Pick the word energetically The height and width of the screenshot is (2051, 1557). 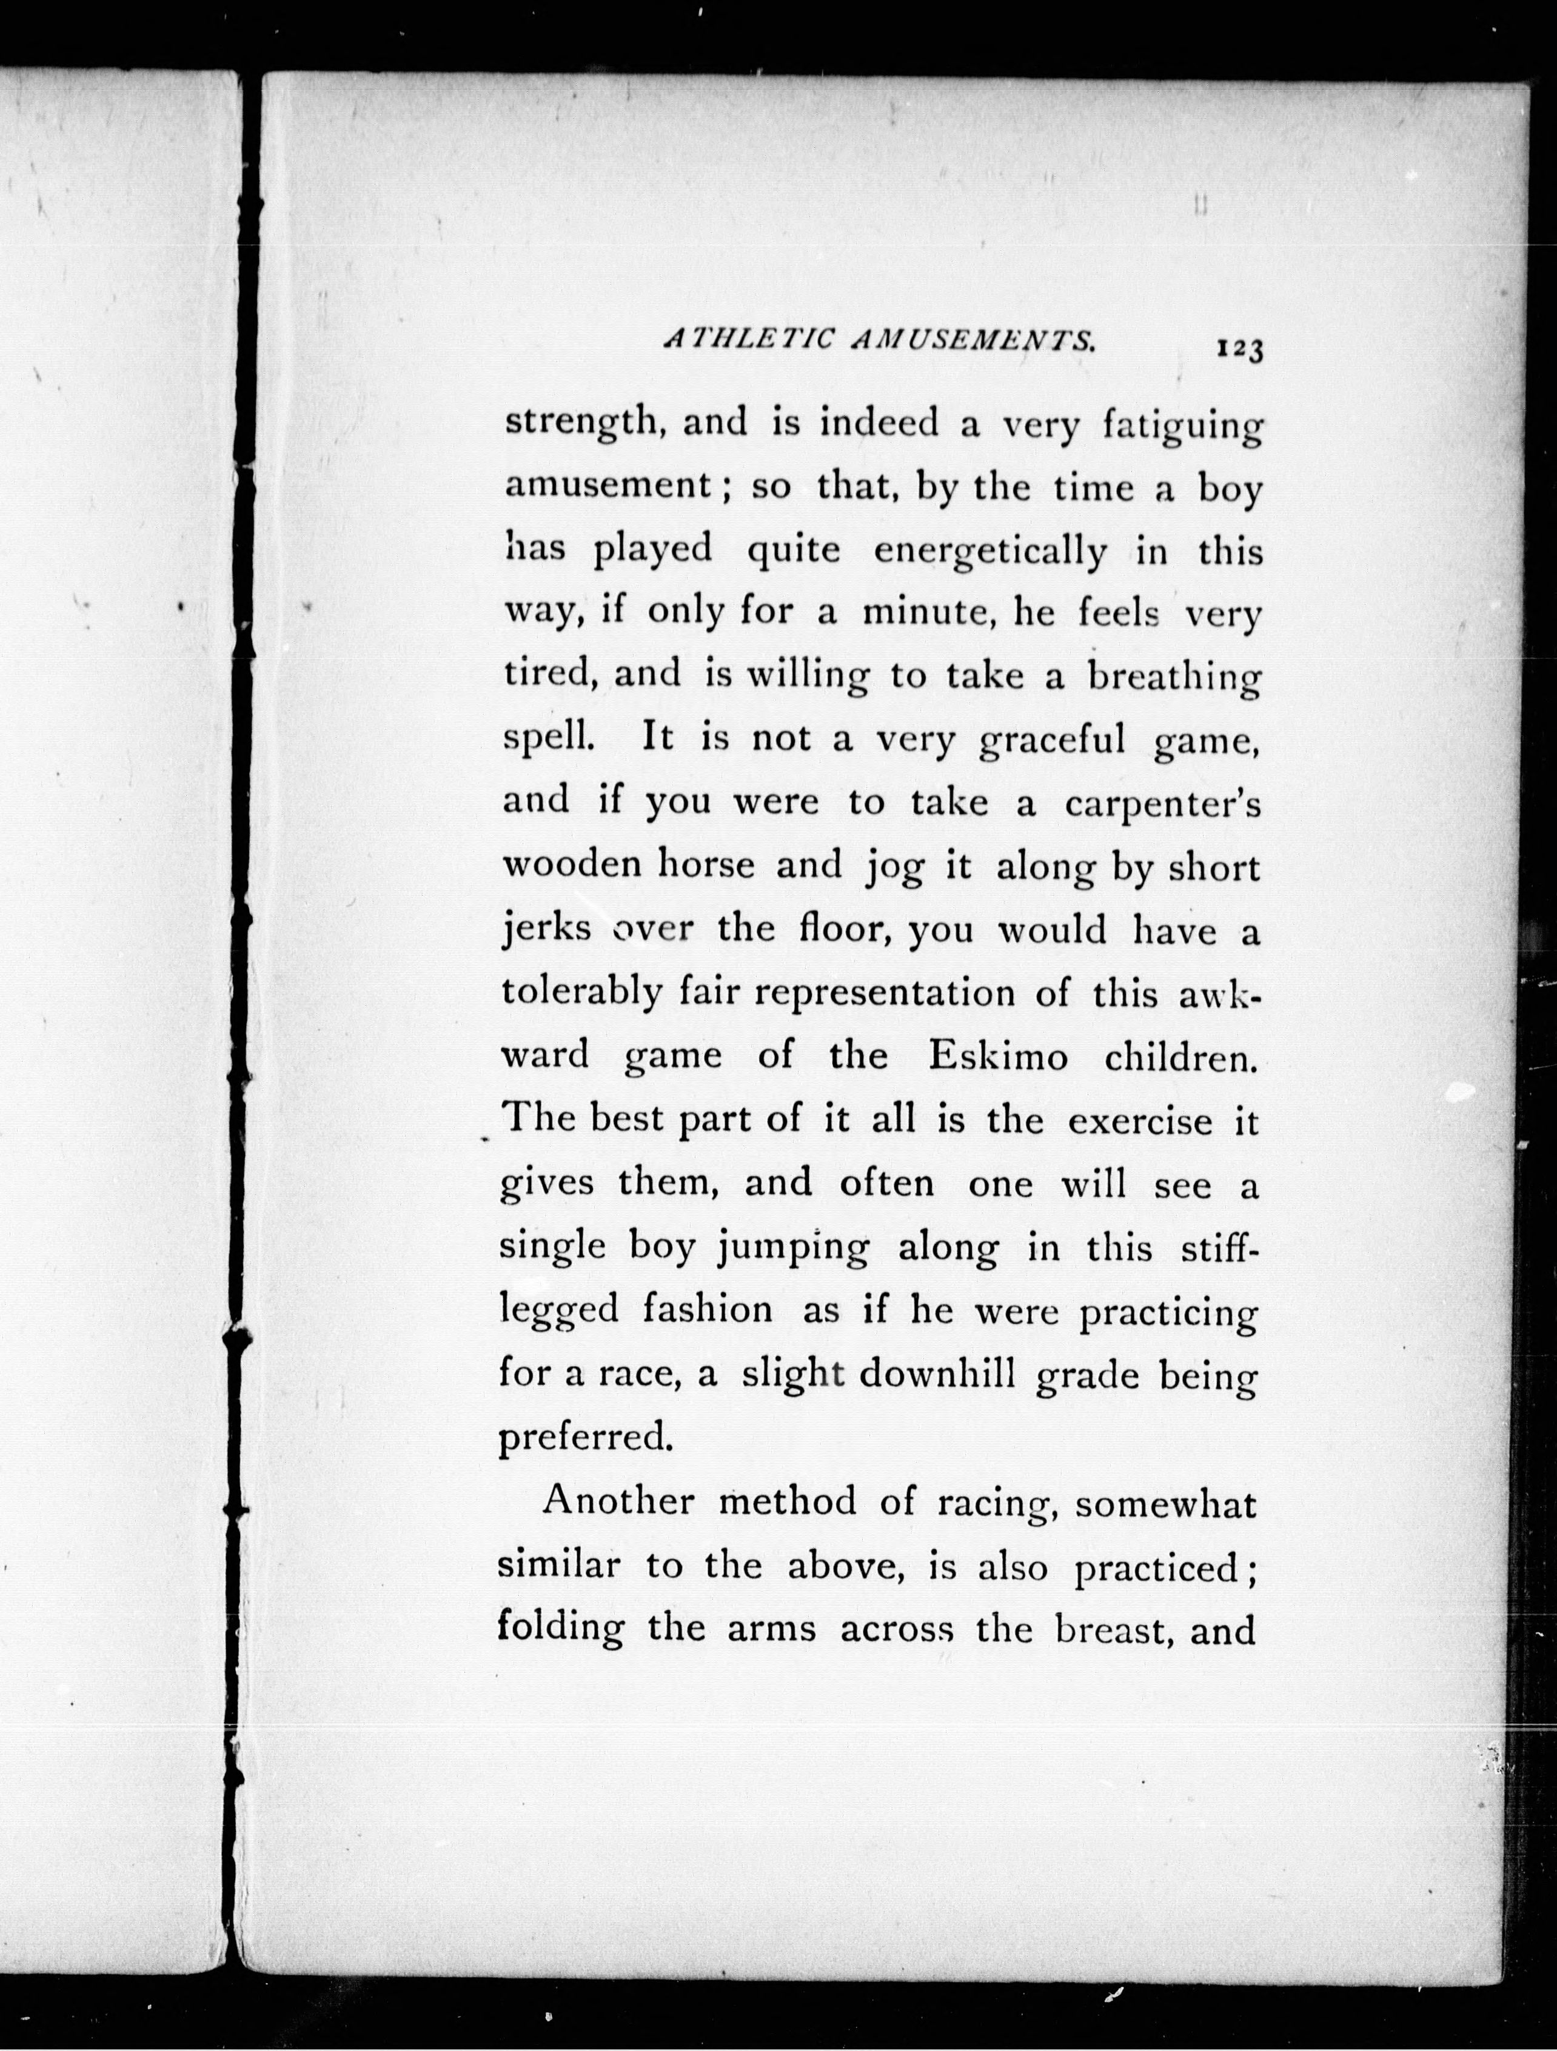tap(990, 553)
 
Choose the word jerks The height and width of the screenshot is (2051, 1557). tap(546, 930)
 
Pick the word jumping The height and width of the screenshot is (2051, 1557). tap(794, 1249)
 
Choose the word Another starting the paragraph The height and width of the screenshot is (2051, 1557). tap(618, 1501)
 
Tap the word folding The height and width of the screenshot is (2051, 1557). tap(561, 1630)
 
